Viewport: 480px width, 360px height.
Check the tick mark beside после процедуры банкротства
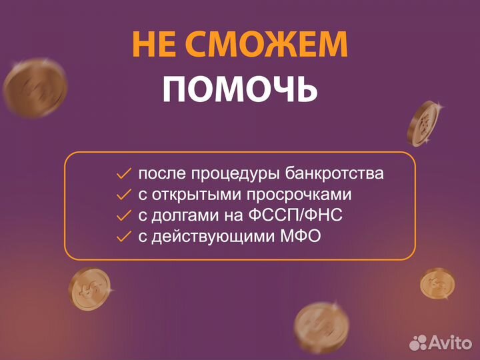point(123,175)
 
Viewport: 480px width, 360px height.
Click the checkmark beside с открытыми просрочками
point(123,195)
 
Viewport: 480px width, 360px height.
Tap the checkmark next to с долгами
point(123,216)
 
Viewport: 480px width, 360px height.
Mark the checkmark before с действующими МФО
point(123,237)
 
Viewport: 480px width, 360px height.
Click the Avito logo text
point(450,343)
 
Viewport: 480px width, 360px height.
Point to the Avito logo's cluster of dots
point(418,343)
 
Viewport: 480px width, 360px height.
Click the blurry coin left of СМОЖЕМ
point(35,87)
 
